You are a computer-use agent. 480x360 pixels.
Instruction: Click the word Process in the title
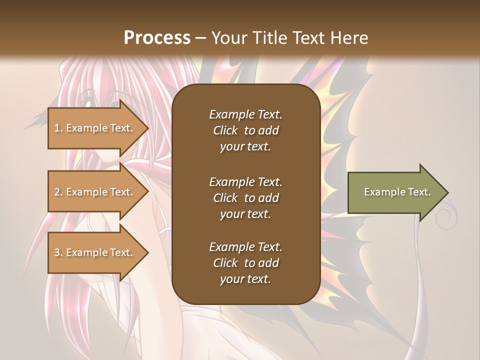[x=157, y=37]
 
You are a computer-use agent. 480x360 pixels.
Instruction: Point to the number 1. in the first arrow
[x=58, y=128]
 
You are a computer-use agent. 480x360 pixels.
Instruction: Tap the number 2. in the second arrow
[x=58, y=192]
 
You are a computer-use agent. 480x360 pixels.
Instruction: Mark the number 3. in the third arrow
[x=58, y=252]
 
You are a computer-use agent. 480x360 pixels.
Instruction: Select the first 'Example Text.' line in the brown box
[x=245, y=114]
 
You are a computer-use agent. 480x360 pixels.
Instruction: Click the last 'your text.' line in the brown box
[x=245, y=279]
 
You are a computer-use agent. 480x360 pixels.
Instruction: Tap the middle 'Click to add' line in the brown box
[x=245, y=198]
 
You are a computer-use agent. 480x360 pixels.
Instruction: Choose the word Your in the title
[x=228, y=37]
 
